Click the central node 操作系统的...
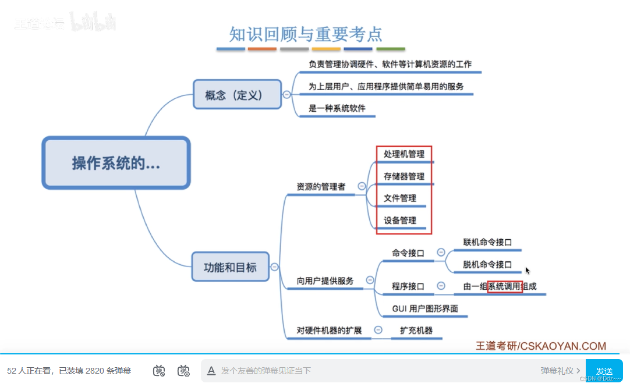coord(116,163)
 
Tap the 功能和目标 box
coord(230,268)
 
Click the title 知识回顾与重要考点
coord(306,34)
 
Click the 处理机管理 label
coord(404,154)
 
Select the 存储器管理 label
coord(404,176)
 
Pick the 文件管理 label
coord(400,198)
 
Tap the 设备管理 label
coord(400,221)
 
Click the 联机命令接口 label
coord(487,242)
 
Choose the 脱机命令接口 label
coord(487,264)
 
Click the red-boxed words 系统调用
coord(504,286)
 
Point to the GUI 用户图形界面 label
coord(425,308)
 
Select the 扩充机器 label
coord(416,331)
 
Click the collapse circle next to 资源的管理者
coord(362,186)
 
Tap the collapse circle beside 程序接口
coord(441,286)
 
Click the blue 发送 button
coord(604,371)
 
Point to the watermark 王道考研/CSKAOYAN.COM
coord(541,346)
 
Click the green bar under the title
coord(391,49)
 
